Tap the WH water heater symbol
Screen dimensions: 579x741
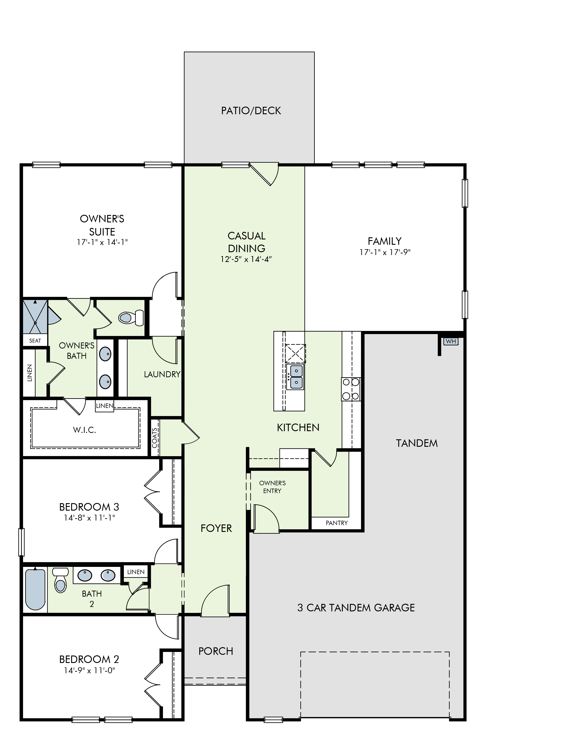click(451, 341)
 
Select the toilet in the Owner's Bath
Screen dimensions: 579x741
click(131, 318)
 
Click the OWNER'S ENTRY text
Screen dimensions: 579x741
click(272, 487)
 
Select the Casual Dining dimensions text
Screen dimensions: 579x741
click(246, 259)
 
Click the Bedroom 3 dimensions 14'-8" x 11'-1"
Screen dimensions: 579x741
click(89, 518)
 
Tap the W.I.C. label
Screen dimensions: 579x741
click(84, 430)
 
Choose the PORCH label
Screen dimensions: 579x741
click(216, 651)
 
